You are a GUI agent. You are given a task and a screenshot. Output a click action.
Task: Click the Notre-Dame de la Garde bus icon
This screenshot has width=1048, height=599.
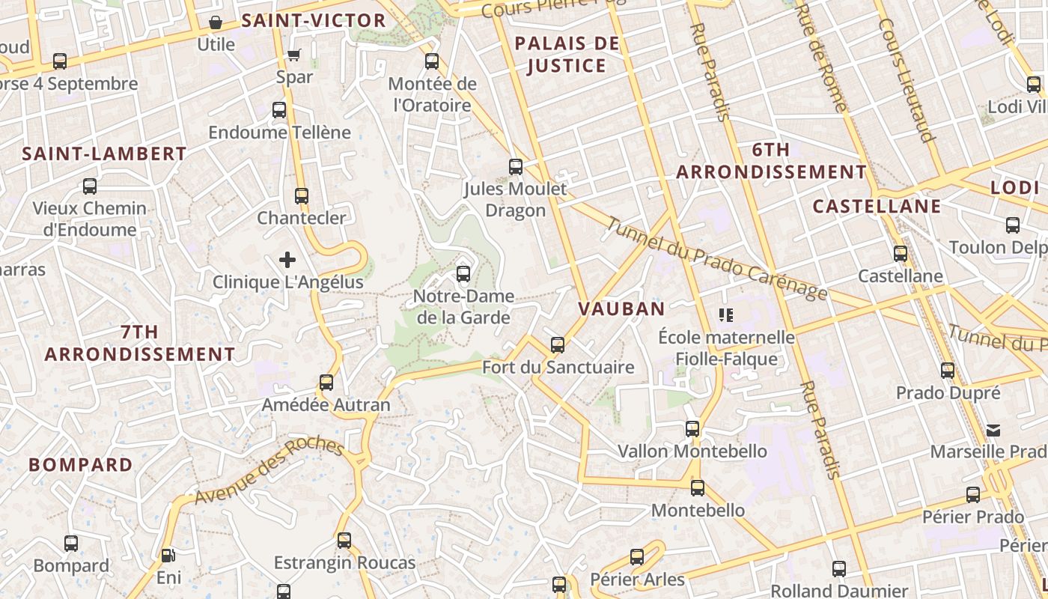[x=463, y=273]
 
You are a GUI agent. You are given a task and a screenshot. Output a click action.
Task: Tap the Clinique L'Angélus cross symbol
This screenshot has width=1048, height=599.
[x=287, y=260]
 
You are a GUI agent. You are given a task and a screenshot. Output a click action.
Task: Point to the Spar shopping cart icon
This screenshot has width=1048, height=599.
[x=294, y=55]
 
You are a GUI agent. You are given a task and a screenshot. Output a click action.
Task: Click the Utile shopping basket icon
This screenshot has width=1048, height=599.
[x=216, y=22]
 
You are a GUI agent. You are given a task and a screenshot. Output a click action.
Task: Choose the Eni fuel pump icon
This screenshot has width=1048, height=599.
[x=168, y=556]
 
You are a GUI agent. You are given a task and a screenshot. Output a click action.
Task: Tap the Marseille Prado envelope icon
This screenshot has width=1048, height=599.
[x=993, y=430]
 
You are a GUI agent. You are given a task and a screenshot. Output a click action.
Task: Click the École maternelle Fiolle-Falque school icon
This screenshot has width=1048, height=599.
[x=725, y=315]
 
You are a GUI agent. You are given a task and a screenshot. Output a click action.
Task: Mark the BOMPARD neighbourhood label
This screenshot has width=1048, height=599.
[x=81, y=464]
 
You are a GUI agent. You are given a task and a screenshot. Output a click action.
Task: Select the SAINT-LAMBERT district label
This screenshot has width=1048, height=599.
[x=104, y=154]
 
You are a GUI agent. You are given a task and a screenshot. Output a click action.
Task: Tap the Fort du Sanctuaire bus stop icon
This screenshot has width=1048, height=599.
[x=558, y=344]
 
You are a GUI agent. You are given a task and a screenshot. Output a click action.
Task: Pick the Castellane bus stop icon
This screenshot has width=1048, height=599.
[x=901, y=253]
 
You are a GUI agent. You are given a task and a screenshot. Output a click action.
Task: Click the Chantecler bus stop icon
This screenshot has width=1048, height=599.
[x=302, y=195]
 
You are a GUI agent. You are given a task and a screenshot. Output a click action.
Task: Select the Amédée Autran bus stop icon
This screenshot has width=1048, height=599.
[x=326, y=382]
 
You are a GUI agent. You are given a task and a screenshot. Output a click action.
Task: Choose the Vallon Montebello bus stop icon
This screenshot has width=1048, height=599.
[x=692, y=428]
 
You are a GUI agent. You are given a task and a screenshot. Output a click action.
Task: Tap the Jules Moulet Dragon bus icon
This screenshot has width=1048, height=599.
[x=516, y=166]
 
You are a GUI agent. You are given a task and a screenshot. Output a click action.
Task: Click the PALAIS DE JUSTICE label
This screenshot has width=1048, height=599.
[x=567, y=55]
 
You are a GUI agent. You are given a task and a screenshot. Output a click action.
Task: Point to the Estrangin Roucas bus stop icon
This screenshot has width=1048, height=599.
[x=344, y=540]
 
